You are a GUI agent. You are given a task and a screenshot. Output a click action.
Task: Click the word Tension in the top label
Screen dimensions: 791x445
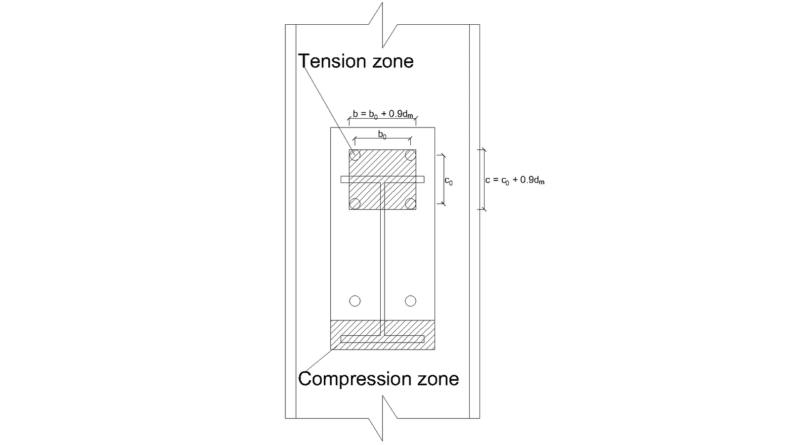pyautogui.click(x=332, y=61)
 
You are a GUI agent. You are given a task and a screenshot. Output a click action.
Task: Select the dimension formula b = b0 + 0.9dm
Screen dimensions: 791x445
pyautogui.click(x=383, y=114)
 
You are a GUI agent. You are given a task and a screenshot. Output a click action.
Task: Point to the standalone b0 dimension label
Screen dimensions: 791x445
pyautogui.click(x=382, y=134)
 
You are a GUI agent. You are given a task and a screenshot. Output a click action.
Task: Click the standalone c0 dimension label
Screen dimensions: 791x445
pyautogui.click(x=448, y=181)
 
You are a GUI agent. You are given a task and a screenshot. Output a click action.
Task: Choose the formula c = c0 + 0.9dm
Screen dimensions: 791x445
pyautogui.click(x=515, y=180)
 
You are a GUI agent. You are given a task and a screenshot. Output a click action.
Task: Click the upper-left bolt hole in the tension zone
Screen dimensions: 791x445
pyautogui.click(x=354, y=155)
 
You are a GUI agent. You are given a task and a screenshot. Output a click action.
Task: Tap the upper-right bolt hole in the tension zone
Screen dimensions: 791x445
pyautogui.click(x=410, y=155)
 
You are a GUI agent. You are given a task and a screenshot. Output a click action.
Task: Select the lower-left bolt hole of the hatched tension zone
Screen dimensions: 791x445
pyautogui.click(x=354, y=204)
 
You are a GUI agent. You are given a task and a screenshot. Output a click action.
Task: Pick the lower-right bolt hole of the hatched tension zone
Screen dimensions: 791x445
pyautogui.click(x=410, y=204)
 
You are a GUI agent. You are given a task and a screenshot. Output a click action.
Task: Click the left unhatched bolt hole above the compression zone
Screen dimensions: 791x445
pyautogui.click(x=355, y=301)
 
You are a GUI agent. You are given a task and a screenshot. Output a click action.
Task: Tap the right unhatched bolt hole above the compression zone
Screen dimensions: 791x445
pyautogui.click(x=410, y=301)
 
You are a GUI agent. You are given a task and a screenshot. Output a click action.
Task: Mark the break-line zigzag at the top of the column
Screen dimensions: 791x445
pyautogui.click(x=383, y=25)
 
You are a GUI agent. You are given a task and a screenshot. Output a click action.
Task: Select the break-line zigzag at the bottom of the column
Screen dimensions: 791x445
pyautogui.click(x=383, y=418)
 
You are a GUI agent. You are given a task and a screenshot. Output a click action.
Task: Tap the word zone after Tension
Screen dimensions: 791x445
pyautogui.click(x=393, y=62)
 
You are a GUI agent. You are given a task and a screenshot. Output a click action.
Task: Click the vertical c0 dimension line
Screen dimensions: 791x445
pyautogui.click(x=444, y=179)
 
